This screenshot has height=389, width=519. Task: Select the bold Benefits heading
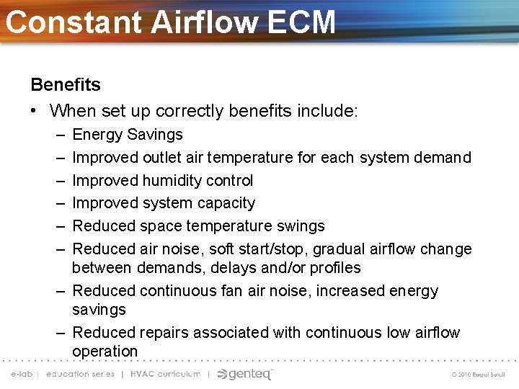click(66, 84)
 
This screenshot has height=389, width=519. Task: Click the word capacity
click(223, 203)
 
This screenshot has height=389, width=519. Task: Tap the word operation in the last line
click(105, 352)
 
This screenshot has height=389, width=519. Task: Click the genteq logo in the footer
click(246, 374)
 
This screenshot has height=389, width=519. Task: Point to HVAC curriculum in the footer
click(165, 374)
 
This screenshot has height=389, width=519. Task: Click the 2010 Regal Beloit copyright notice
click(478, 375)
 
